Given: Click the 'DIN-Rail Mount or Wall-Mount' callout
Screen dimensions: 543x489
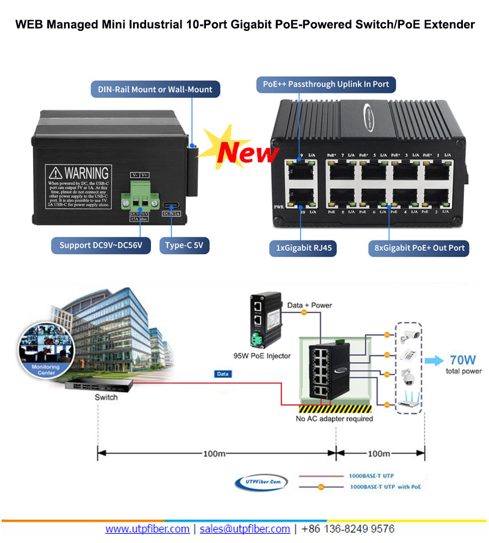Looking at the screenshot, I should click(x=155, y=89).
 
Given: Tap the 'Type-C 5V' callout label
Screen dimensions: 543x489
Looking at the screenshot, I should click(x=184, y=245).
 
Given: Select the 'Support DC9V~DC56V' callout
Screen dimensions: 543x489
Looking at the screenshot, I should click(x=101, y=245).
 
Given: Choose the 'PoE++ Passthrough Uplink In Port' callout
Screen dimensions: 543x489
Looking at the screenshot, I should click(x=325, y=84).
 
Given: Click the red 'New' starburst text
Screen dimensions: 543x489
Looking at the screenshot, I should click(x=247, y=153).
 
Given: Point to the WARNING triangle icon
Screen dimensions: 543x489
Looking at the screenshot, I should click(x=57, y=173).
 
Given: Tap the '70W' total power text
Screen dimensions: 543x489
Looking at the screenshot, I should click(x=463, y=360).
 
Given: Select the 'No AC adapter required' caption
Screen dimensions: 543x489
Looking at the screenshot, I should click(x=334, y=419).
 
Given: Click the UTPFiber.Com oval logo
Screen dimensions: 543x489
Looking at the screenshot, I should click(x=261, y=481).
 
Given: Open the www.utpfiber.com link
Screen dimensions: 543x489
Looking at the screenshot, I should click(x=147, y=528).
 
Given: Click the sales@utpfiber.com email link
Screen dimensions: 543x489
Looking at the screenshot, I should click(x=244, y=528).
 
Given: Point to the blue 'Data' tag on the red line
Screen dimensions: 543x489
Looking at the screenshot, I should click(x=223, y=374).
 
